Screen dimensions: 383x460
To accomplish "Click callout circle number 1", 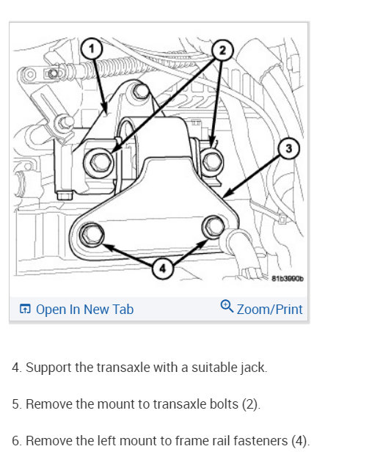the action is click(92, 48).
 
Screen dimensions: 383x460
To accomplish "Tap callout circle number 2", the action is click(222, 51).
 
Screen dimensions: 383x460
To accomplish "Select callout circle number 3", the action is click(289, 148).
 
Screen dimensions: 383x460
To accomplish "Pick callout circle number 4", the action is click(163, 268).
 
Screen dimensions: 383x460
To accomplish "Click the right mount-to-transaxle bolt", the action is click(213, 161).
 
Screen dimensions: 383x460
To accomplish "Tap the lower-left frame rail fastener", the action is click(92, 234).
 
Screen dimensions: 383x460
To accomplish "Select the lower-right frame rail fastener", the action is click(214, 227).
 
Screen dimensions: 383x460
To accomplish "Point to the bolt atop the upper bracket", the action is click(140, 91).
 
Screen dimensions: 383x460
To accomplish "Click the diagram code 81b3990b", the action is click(288, 278).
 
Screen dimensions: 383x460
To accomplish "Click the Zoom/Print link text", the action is click(269, 309).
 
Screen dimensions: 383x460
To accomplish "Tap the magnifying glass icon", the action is click(227, 306).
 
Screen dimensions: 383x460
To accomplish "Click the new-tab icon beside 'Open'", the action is click(25, 309).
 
